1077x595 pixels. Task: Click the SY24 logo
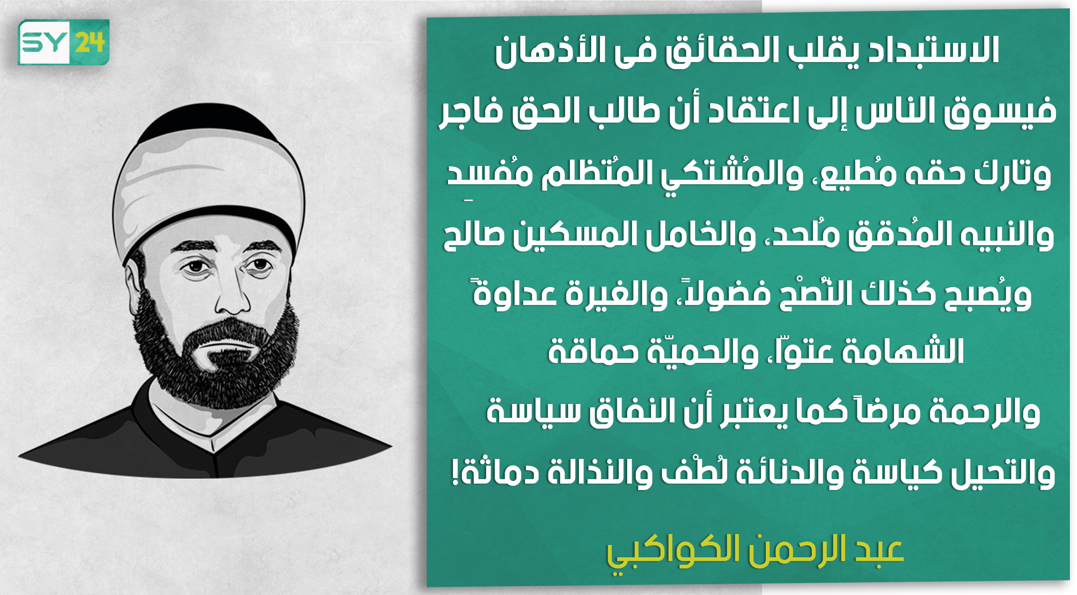(x=64, y=42)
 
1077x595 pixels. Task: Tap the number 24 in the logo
(x=90, y=42)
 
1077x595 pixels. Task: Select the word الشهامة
(x=903, y=351)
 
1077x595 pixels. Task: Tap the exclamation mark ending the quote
(x=455, y=472)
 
